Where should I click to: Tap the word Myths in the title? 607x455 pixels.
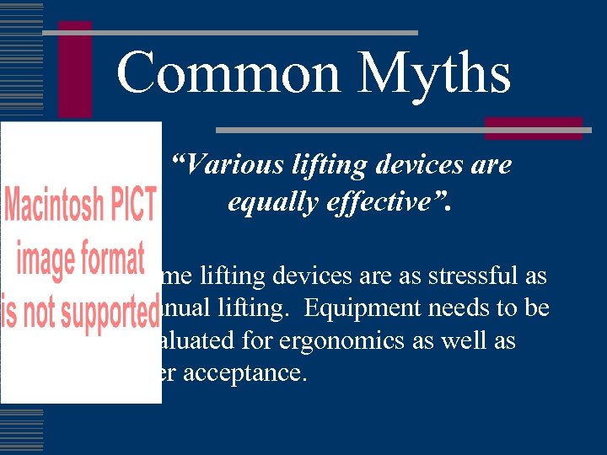(434, 73)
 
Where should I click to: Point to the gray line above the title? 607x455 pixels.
(229, 33)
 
